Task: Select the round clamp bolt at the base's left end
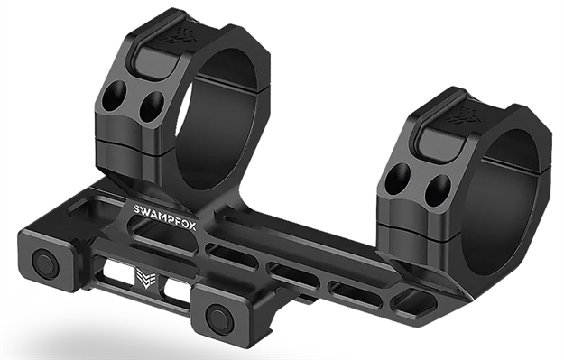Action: pyautogui.click(x=42, y=263)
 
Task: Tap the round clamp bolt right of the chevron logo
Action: pyautogui.click(x=217, y=317)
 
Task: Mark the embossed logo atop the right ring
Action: pyautogui.click(x=471, y=115)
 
